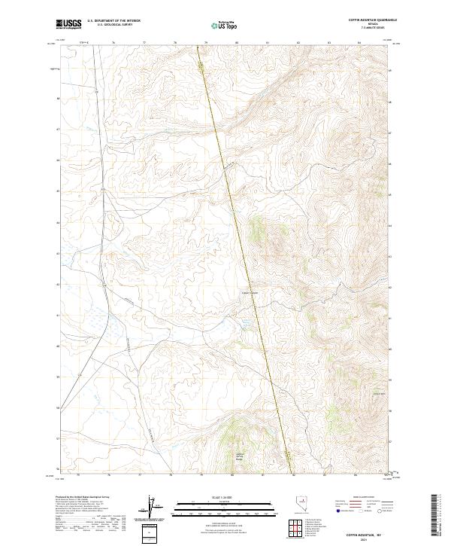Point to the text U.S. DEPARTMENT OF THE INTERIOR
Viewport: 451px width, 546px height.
coord(114,20)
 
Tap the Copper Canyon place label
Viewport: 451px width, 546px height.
coord(250,294)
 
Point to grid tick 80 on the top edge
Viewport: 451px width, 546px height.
coord(237,44)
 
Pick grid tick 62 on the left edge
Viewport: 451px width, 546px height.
coord(54,285)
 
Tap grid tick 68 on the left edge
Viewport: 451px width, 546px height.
coord(54,99)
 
